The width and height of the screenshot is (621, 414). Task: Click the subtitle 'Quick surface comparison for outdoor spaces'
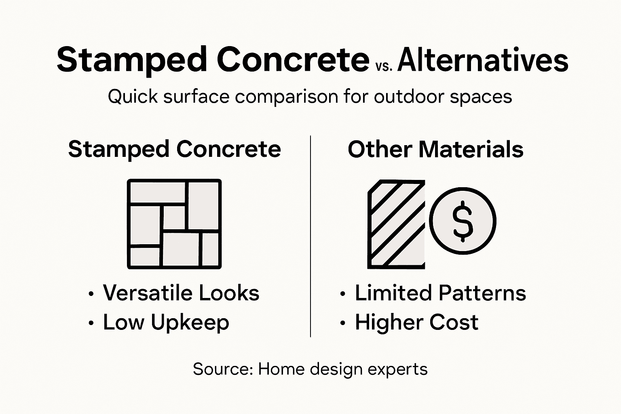pyautogui.click(x=310, y=97)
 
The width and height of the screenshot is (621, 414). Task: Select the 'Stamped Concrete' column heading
pyautogui.click(x=174, y=149)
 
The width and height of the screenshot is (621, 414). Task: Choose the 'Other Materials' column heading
pyautogui.click(x=435, y=149)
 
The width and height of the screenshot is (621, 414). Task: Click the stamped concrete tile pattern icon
pyautogui.click(x=174, y=224)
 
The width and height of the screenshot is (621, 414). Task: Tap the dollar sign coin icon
pyautogui.click(x=463, y=221)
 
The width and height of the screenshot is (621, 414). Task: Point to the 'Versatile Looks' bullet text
pyautogui.click(x=181, y=293)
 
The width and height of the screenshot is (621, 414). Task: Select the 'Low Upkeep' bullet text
pyautogui.click(x=166, y=322)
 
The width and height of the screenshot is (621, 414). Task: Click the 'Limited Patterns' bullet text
pyautogui.click(x=440, y=293)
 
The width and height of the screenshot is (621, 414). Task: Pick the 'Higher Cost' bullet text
pyautogui.click(x=416, y=322)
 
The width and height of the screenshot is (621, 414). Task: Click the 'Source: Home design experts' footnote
pyautogui.click(x=310, y=369)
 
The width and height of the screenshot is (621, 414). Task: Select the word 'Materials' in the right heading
pyautogui.click(x=471, y=149)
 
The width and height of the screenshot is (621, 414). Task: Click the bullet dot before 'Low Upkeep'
pyautogui.click(x=91, y=323)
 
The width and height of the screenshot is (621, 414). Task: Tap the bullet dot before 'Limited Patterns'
pyautogui.click(x=343, y=294)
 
